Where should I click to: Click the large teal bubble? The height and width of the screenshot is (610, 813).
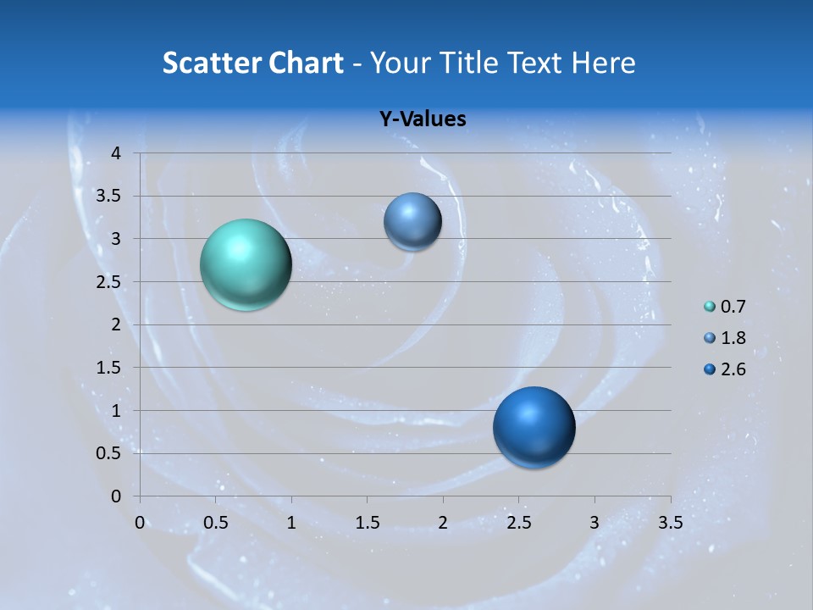click(246, 264)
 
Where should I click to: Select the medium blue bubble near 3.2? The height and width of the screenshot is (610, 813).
click(412, 221)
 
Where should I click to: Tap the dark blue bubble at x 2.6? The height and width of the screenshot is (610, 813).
click(534, 427)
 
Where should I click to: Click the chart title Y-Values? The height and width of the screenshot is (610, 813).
click(422, 119)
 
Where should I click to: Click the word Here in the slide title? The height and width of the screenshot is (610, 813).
click(604, 63)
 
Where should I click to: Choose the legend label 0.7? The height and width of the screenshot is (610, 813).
click(733, 307)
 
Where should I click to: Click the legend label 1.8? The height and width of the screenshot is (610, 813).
click(733, 338)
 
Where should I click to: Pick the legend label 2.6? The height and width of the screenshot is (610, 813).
click(733, 369)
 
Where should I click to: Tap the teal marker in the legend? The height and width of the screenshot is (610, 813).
click(710, 307)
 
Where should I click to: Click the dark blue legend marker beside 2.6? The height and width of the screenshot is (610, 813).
click(710, 369)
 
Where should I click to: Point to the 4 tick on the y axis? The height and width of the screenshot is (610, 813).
click(117, 153)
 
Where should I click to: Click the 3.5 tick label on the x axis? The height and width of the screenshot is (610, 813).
click(670, 523)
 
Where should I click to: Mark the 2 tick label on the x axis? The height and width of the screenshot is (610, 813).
click(443, 523)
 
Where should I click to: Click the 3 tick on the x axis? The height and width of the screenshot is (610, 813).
click(595, 523)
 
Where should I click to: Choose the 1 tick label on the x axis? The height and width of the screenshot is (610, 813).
click(291, 523)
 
